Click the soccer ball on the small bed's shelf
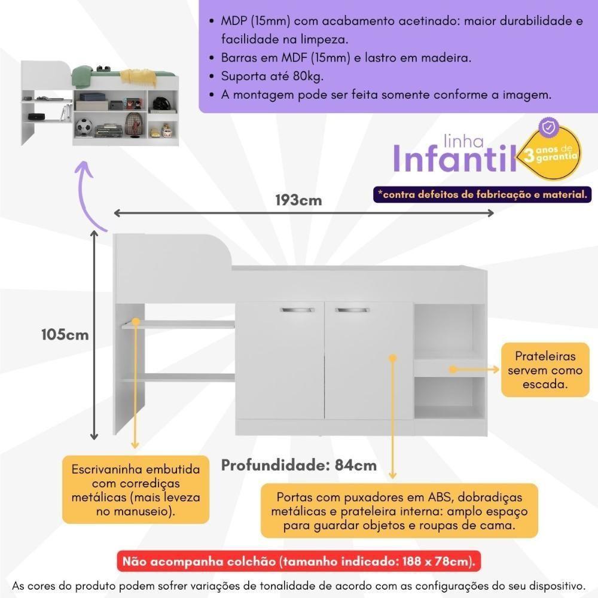[85, 127]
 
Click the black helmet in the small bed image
[160, 104]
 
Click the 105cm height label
[65, 334]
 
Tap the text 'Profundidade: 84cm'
[299, 465]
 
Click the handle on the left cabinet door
[297, 310]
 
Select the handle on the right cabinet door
[350, 310]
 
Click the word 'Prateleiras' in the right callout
[545, 356]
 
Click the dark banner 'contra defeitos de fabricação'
[482, 194]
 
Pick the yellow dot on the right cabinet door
[393, 358]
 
